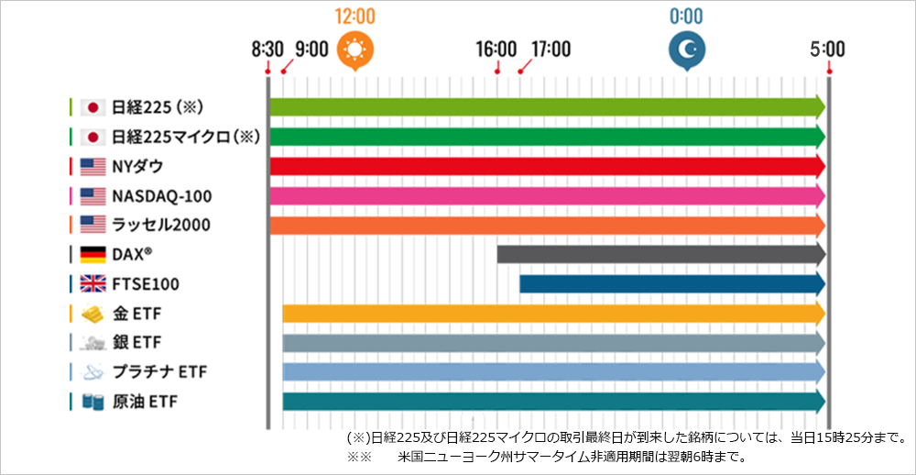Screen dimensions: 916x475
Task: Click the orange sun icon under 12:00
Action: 354,50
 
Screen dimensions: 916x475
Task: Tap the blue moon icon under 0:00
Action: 686,50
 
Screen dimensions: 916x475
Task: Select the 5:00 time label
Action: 827,50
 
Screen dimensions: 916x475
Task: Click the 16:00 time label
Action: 496,50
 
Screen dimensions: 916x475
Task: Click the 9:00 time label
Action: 311,50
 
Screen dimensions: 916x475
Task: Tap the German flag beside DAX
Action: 93,255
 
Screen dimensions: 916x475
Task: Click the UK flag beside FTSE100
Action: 93,284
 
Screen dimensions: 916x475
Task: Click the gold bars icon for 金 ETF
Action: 93,315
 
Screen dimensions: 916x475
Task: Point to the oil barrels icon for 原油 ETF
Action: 93,402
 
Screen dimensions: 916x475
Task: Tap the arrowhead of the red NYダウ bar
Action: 819,167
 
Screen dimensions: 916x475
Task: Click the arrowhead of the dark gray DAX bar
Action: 819,255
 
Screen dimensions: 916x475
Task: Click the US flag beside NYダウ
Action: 93,167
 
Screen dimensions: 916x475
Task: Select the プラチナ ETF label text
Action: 159,372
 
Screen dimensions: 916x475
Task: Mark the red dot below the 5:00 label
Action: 829,72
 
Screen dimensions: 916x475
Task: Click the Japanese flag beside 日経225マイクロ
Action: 93,138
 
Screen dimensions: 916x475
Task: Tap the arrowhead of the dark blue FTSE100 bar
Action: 819,283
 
